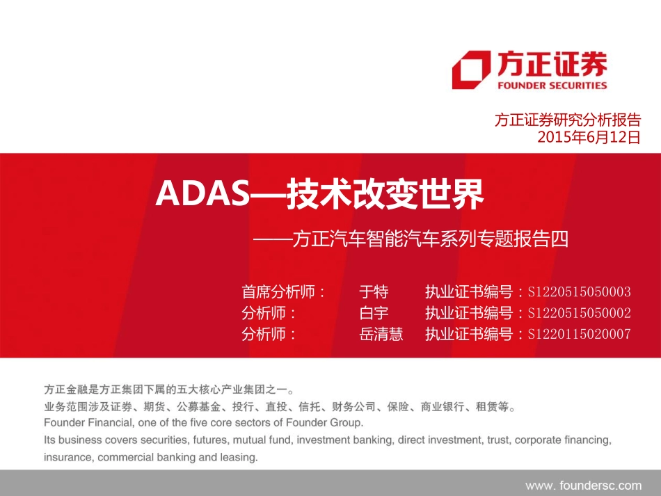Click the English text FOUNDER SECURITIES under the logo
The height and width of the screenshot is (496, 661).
pos(552,86)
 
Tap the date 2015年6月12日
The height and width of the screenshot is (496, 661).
pos(589,137)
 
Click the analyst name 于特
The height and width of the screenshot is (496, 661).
pos(373,291)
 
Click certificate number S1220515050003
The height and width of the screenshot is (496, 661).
pos(580,292)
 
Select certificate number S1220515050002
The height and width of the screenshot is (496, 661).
pos(580,313)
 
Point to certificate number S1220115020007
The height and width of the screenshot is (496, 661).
pos(580,335)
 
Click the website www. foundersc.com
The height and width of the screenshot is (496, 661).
pos(583,485)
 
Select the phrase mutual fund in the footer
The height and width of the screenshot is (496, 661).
pos(262,440)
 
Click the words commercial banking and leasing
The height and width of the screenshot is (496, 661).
pos(178,458)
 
